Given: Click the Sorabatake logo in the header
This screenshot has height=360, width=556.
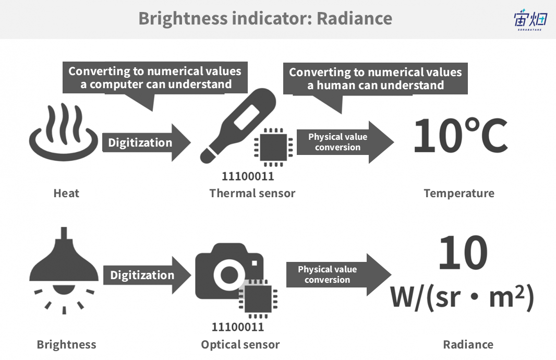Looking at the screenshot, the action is [530, 20].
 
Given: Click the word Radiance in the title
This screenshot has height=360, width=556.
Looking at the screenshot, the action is [354, 18].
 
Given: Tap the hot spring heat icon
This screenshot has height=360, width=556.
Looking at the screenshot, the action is [64, 132].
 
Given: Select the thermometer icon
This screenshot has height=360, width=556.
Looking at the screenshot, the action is [237, 126].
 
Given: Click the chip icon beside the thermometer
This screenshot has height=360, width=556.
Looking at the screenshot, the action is [273, 147].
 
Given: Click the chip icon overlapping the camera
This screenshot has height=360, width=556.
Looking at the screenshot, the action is [258, 299].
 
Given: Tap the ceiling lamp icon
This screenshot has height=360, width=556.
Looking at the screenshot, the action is [64, 270].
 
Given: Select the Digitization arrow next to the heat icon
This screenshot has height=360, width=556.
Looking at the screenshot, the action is [147, 142].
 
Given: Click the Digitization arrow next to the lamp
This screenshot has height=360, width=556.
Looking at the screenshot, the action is [147, 275].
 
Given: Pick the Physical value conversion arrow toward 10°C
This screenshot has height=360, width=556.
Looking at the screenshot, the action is [345, 142].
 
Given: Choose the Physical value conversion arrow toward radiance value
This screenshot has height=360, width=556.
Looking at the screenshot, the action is [339, 274].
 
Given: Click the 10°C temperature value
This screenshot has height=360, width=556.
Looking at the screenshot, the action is [461, 136].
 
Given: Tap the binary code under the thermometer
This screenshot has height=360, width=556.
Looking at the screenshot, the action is [248, 176].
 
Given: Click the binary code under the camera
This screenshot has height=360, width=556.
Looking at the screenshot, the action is [237, 327].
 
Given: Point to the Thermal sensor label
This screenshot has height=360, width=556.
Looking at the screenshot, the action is [252, 193].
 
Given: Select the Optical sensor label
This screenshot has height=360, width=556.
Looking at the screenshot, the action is [240, 344].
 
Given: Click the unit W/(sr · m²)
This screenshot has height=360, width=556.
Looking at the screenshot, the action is [462, 297].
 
